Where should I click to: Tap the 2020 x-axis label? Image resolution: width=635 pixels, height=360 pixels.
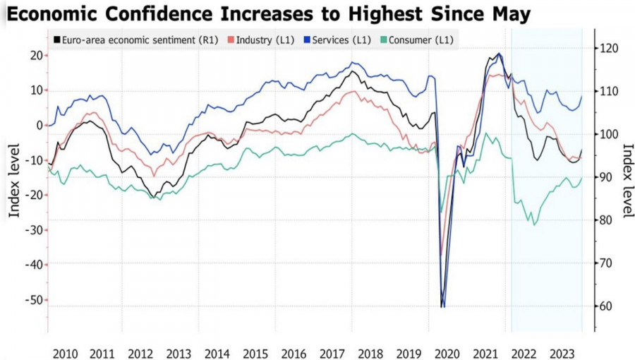point(447,353)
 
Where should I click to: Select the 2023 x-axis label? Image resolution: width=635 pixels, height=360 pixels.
point(562,353)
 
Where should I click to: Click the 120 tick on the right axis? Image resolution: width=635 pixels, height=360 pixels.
point(609,48)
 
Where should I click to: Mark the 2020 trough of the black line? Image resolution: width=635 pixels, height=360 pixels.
point(442,306)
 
